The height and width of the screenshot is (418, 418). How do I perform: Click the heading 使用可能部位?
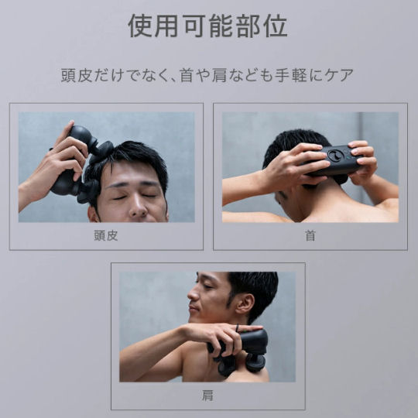coord(208,26)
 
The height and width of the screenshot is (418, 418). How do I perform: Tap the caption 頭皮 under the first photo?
coord(106,235)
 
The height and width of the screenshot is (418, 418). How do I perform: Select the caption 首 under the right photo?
coord(310,235)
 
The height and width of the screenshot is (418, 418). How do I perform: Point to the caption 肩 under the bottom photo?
coord(207,395)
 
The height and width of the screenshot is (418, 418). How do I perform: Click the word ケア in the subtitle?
coord(340,76)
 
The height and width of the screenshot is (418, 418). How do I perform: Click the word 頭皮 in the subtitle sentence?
coord(76,76)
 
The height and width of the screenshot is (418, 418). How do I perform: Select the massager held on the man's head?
coord(81,166)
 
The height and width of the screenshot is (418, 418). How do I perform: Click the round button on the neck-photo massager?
coord(334,156)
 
